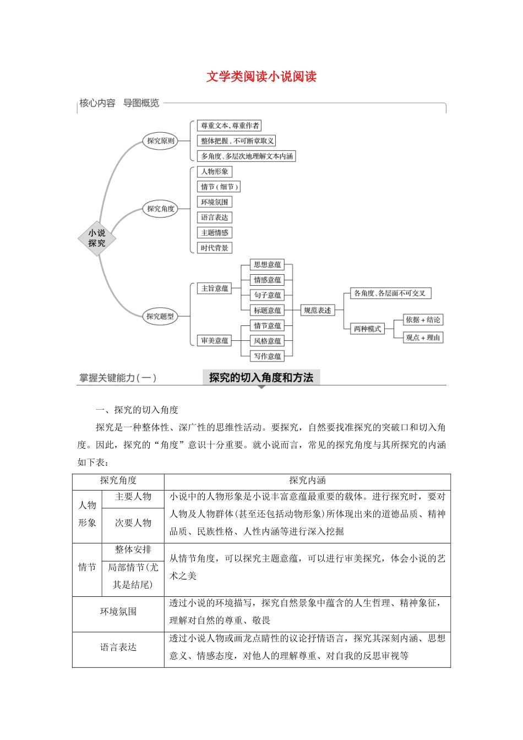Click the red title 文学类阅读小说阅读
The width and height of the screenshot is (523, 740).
click(261, 77)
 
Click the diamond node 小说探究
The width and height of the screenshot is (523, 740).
click(97, 238)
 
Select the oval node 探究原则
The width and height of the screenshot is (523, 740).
click(160, 141)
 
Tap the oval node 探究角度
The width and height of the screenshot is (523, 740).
click(160, 209)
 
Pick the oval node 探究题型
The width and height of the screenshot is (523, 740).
click(160, 316)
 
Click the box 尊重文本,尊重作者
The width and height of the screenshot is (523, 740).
click(230, 126)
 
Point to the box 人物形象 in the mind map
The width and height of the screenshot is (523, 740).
click(214, 171)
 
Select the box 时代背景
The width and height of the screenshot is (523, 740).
click(214, 248)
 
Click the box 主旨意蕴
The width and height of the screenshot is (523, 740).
click(214, 288)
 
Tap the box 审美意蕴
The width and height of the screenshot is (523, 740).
click(214, 341)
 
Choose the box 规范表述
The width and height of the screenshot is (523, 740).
click(318, 310)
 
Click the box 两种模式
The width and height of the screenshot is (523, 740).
click(367, 329)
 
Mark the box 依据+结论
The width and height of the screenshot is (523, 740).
click(423, 320)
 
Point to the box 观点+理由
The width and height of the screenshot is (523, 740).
click(423, 338)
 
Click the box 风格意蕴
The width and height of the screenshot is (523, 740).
click(267, 341)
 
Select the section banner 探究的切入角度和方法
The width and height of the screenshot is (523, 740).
click(261, 378)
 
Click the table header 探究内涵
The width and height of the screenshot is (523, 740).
click(307, 481)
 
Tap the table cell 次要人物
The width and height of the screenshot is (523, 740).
click(133, 523)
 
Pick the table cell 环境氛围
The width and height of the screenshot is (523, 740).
click(118, 612)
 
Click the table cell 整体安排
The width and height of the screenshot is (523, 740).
click(133, 549)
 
